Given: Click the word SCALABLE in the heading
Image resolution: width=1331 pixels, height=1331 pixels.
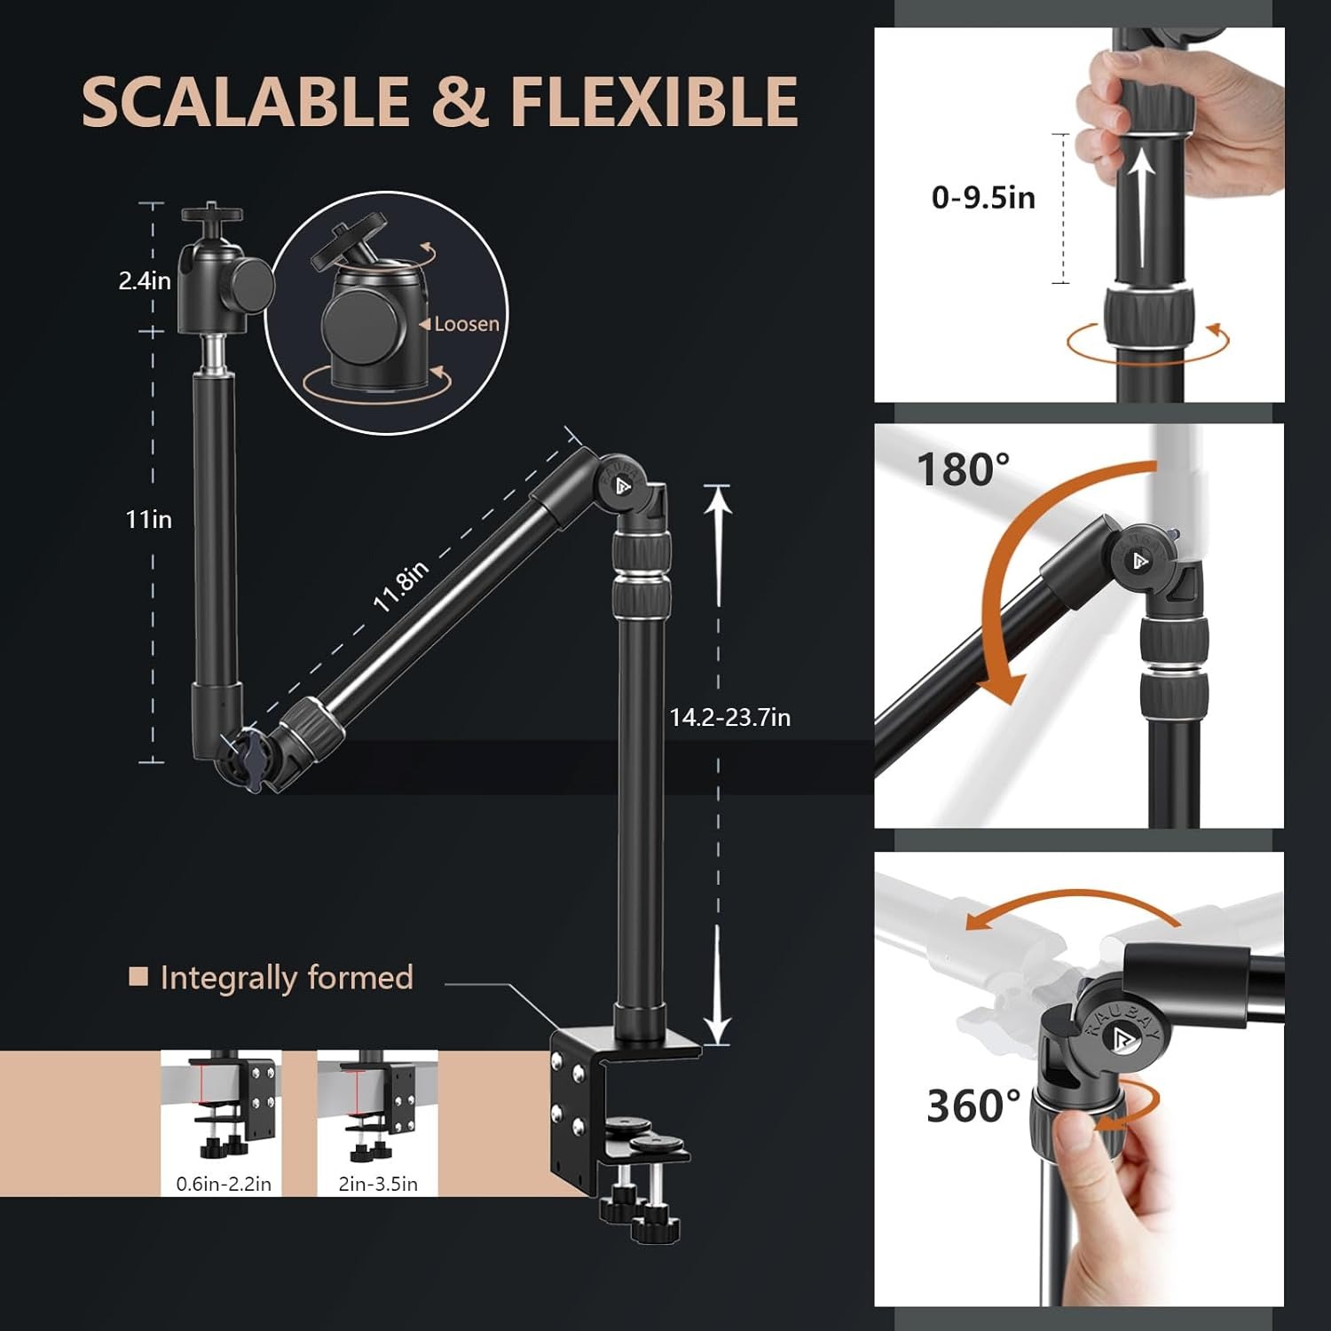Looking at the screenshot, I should point(244,102).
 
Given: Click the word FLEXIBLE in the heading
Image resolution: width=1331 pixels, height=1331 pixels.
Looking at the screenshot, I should point(654,102).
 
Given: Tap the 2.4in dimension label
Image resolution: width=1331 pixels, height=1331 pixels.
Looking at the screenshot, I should point(145,281).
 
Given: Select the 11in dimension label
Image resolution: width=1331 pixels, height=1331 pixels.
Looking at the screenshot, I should point(148,519).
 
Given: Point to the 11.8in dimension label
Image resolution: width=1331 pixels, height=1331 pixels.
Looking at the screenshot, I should point(401,586).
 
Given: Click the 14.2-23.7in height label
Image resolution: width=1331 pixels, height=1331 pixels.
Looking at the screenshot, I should point(729,717).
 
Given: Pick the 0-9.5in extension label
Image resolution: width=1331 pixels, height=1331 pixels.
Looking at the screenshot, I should point(983,197).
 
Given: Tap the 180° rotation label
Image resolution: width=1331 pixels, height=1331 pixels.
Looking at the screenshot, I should point(963,469).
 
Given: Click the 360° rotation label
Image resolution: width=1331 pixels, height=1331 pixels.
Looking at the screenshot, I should point(973,1106).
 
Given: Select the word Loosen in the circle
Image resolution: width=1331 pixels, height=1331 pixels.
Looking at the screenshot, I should point(466,325).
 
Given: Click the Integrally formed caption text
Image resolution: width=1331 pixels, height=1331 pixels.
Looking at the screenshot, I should point(287,978).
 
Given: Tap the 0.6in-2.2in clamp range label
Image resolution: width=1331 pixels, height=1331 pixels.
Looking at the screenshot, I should point(224,1184).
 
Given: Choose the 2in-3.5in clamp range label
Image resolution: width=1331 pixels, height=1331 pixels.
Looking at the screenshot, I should point(378,1184).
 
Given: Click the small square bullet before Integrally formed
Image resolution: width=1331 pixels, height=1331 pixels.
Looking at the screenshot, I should point(138,977).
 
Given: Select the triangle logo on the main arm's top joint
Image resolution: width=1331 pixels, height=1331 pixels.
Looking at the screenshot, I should point(622,485).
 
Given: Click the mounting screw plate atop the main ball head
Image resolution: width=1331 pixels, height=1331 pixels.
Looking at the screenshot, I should point(212,214).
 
